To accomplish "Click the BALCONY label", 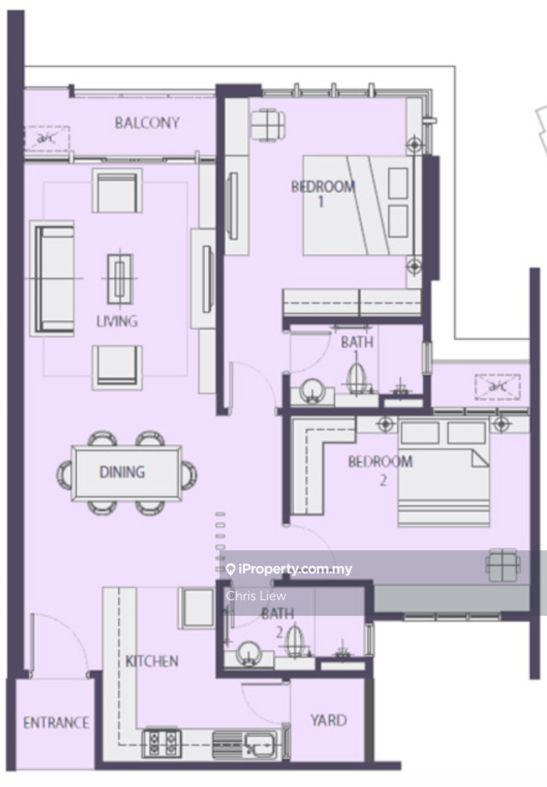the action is pyautogui.click(x=147, y=123).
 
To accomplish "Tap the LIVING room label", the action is pyautogui.click(x=118, y=321).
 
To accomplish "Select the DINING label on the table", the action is pyautogui.click(x=123, y=472).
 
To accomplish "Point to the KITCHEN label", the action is pyautogui.click(x=152, y=661).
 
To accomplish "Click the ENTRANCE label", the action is pyautogui.click(x=56, y=723).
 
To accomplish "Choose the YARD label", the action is pyautogui.click(x=328, y=720).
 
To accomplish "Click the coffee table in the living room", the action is pyautogui.click(x=120, y=279).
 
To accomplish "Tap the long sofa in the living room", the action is pyautogui.click(x=52, y=279).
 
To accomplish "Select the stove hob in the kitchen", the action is pyautogui.click(x=162, y=743).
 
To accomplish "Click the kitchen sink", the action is pyautogui.click(x=261, y=743).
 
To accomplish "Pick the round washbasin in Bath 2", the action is pyautogui.click(x=249, y=652).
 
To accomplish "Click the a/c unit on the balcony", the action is pyautogui.click(x=46, y=138).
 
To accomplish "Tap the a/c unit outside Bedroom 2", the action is pyautogui.click(x=497, y=387).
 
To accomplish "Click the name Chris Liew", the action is pyautogui.click(x=256, y=596).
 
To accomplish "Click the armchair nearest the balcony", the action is pyautogui.click(x=117, y=190).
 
